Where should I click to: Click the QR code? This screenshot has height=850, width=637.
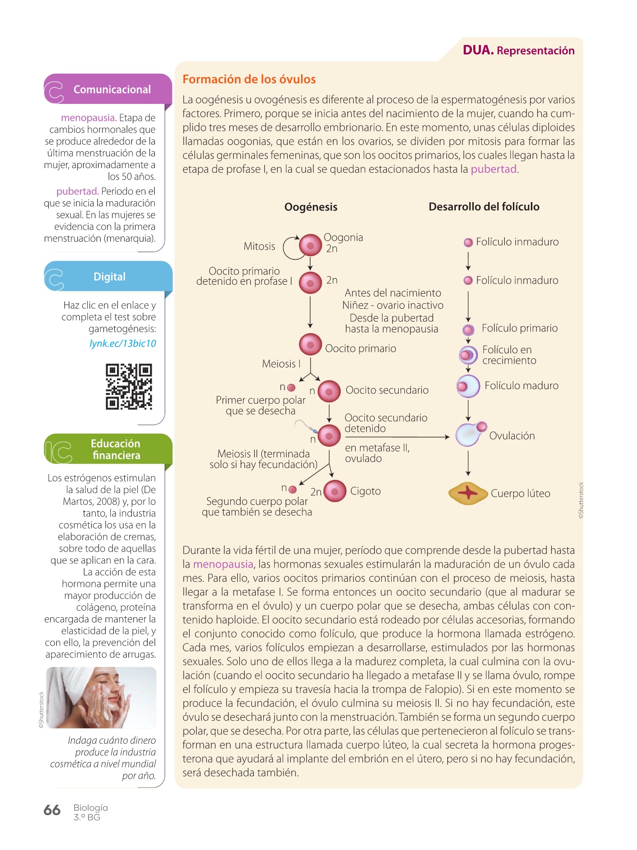tap(129, 386)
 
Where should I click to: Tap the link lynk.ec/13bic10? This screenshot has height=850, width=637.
tap(123, 343)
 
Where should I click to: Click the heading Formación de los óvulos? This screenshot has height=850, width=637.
tap(249, 79)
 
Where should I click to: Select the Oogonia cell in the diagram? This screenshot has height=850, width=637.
tap(310, 246)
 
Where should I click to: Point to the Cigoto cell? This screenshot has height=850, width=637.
tap(335, 491)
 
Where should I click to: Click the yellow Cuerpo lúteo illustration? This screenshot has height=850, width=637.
tap(468, 493)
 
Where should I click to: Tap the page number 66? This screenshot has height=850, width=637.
tap(52, 810)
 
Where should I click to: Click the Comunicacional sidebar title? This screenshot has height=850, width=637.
tap(112, 90)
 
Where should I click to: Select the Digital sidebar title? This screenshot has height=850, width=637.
tap(109, 277)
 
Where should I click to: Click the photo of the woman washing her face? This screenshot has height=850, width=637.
tap(101, 697)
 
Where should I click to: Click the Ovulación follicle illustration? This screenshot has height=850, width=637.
tap(469, 434)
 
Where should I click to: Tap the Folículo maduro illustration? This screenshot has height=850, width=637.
tap(468, 386)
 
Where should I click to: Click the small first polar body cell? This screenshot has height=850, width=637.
tap(291, 388)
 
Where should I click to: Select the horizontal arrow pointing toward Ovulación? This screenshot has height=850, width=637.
tap(396, 437)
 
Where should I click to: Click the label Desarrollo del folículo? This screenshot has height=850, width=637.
tap(484, 207)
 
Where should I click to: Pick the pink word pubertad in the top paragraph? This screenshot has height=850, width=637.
tap(494, 169)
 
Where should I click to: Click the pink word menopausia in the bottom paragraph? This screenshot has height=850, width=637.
tap(223, 564)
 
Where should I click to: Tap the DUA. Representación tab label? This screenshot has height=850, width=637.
tap(519, 51)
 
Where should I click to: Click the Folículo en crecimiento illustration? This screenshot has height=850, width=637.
tap(468, 354)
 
